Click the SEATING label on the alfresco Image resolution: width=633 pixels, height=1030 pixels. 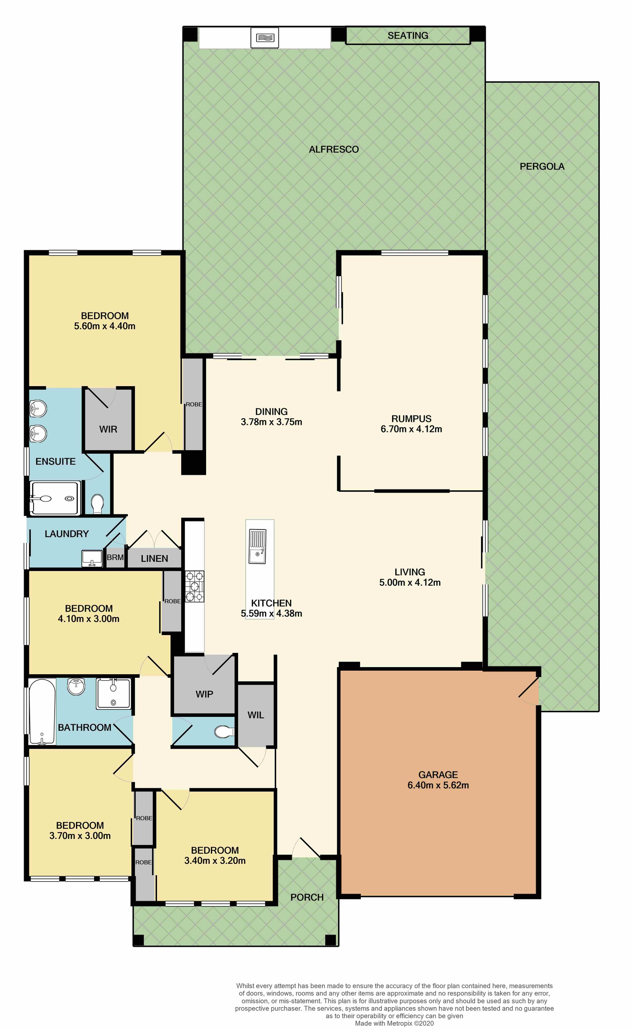point(407,36)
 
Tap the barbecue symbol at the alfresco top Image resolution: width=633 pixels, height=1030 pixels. point(265,38)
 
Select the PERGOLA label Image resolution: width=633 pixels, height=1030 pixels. point(542,167)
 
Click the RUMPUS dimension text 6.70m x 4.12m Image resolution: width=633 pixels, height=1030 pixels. point(411,429)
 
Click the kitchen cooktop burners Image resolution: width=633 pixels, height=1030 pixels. point(195,586)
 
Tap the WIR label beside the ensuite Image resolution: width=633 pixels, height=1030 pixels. point(108,429)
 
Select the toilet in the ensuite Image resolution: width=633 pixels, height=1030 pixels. point(98,503)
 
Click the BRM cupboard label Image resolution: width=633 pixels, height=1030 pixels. point(115,558)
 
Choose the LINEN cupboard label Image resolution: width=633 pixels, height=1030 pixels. point(154,559)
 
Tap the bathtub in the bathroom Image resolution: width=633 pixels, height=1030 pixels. point(42,711)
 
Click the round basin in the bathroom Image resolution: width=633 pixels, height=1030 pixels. point(76,687)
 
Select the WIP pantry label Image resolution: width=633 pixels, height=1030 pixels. point(204,694)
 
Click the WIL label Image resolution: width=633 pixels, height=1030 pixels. point(256,715)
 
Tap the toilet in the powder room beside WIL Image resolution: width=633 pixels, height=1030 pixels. point(224,732)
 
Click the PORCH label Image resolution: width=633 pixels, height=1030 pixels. point(307,897)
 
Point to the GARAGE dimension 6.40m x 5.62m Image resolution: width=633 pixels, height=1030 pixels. point(438,785)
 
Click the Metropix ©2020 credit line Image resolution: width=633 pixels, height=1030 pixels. point(394,1023)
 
